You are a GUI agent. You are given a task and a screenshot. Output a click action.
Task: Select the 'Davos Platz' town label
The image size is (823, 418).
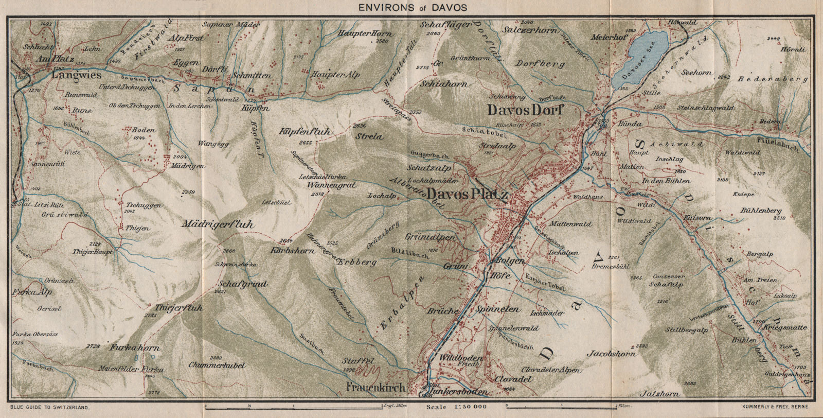coord(468,195)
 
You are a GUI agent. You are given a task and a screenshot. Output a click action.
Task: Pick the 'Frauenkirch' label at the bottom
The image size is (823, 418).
coord(376,387)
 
